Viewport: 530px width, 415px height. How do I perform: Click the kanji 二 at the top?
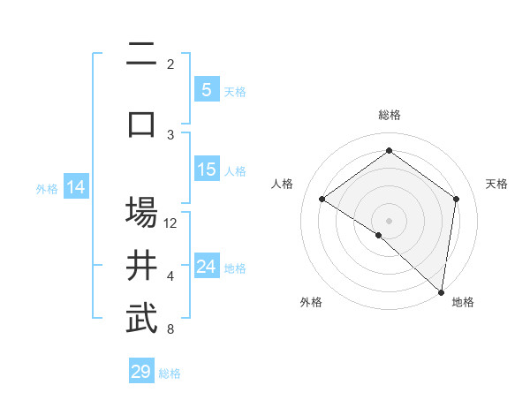(141, 56)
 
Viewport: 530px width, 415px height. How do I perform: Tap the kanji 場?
(141, 212)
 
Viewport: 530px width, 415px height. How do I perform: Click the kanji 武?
(141, 319)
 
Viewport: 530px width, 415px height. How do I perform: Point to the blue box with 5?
(206, 89)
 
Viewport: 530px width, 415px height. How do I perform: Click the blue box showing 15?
(206, 170)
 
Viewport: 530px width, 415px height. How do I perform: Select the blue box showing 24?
(206, 267)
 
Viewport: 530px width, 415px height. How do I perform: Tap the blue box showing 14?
(76, 187)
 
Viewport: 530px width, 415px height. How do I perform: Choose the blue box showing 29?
(141, 371)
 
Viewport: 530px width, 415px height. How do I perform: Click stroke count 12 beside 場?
(171, 223)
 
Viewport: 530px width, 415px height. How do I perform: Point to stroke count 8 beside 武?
(170, 330)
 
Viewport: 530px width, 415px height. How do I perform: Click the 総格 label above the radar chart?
(389, 115)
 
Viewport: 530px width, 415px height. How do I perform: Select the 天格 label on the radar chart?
(496, 184)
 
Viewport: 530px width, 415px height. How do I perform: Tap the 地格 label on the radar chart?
(463, 302)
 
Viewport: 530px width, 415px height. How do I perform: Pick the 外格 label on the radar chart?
(311, 302)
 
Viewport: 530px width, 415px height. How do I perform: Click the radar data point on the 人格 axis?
(322, 200)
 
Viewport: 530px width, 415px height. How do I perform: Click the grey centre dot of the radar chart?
(389, 220)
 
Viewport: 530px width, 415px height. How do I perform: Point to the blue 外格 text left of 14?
(46, 188)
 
